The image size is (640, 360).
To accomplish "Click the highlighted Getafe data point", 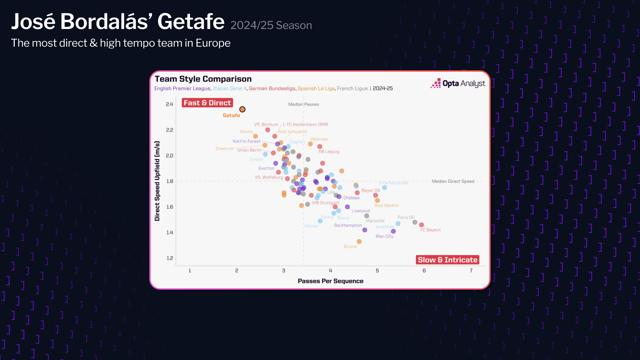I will coord(242,109).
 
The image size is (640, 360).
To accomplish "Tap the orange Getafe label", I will coord(231,115).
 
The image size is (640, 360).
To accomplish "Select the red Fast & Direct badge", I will coord(207,103).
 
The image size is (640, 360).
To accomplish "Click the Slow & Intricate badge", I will coord(447,260).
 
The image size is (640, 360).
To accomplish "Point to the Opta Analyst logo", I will coord(458,83).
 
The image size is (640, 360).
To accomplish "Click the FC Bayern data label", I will coord(430,230).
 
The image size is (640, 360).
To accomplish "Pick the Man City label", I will coord(384,236).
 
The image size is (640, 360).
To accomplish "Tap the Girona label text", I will coord(350,246).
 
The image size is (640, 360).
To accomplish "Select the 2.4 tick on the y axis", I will coord(169,104).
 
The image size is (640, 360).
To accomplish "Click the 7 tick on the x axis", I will coord(471,271).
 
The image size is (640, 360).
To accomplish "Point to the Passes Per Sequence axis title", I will coord(330,281).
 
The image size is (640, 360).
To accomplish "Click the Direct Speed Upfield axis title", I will coord(157,181).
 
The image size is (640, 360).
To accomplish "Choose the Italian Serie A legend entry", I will coord(230,88).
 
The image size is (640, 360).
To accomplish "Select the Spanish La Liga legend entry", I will coord(316,88).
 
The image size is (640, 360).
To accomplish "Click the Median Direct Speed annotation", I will coord(453,181).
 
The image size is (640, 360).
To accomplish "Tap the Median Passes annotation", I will coord(303,104).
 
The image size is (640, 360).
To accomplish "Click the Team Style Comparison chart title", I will coord(203,79).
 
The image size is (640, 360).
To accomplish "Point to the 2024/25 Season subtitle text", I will coord(271,25).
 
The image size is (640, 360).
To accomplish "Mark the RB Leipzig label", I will coord(329,152).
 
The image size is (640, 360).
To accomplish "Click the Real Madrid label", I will coord(386,206).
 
